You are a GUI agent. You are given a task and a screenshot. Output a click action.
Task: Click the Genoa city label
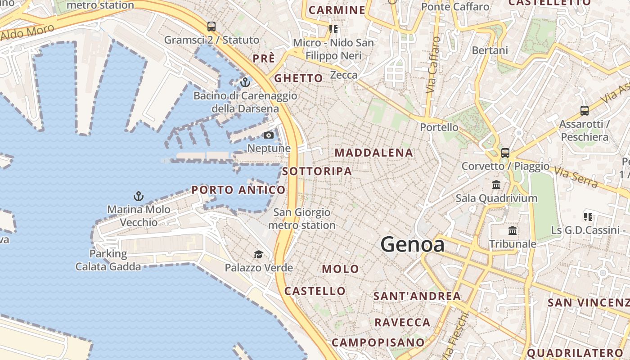pos(413,245)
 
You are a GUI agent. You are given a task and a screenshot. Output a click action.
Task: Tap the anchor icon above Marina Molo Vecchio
pos(139,196)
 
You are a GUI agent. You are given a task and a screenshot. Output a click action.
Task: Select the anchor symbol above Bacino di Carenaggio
pos(245,82)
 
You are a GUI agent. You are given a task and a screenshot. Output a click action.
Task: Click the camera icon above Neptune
pos(269,135)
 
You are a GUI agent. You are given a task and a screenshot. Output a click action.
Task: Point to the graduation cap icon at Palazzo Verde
pos(258,255)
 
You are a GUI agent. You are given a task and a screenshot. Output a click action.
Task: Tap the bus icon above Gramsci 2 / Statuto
pos(211,27)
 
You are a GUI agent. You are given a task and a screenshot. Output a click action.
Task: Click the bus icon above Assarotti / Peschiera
pos(584,110)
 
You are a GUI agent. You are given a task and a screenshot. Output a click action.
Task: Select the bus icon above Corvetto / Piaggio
pos(505,153)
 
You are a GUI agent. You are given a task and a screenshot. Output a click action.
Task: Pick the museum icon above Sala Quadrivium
pos(496,184)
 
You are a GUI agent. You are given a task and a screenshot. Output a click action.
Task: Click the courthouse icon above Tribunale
pos(513,231)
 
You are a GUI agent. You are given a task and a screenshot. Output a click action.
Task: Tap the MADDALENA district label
pos(374,153)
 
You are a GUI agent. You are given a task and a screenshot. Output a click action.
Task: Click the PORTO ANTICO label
pos(238,190)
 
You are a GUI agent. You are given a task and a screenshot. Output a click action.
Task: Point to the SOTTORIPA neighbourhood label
pos(317,171)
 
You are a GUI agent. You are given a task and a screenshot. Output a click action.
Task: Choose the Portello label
pos(439,127)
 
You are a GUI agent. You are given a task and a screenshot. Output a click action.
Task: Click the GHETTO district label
pos(299,78)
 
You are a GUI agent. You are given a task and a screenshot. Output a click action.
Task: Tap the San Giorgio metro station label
pos(302,219)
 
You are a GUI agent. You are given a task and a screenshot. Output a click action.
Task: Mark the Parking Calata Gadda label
pos(108,260)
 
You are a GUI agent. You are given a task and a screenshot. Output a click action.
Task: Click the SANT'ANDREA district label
pos(417,296)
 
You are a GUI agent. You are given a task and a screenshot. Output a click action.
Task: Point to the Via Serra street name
pos(576,177)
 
